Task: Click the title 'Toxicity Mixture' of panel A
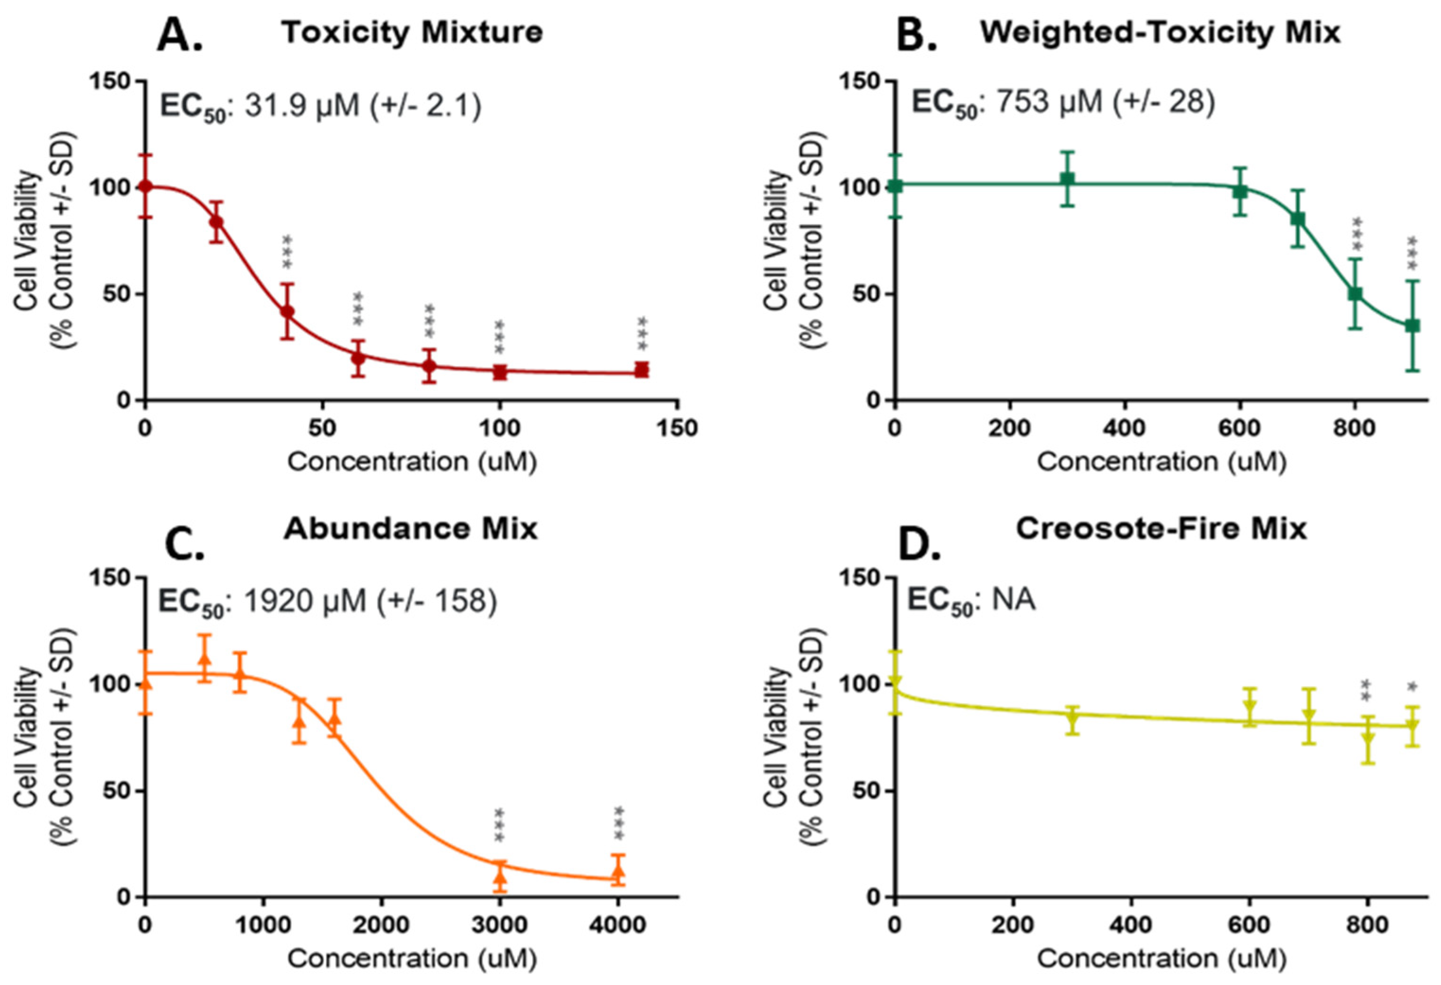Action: [413, 32]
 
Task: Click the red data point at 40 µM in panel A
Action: [287, 311]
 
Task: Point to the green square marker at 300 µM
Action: [1066, 179]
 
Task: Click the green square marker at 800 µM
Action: [1355, 293]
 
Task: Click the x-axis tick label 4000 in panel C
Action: [617, 925]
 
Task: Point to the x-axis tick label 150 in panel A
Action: [677, 429]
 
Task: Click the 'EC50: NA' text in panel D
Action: [971, 600]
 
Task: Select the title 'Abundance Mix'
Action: [411, 529]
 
